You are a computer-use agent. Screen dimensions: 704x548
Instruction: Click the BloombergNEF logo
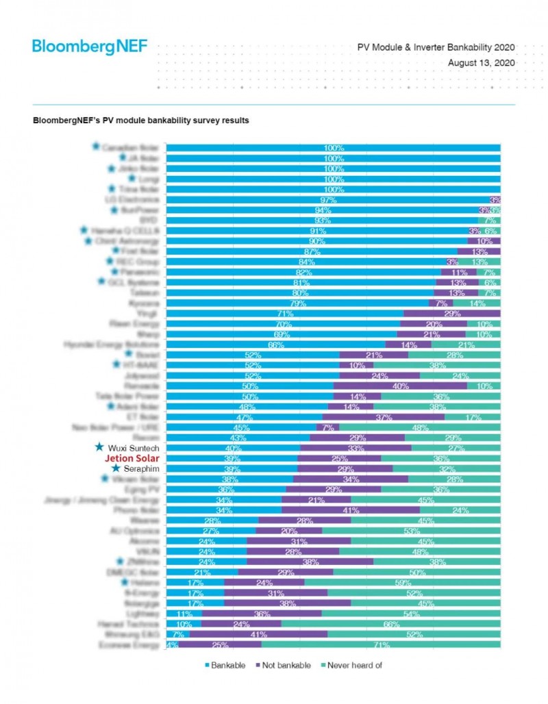click(x=89, y=47)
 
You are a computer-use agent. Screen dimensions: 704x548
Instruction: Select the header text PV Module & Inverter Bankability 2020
click(x=436, y=48)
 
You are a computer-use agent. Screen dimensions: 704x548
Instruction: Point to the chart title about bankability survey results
click(x=140, y=121)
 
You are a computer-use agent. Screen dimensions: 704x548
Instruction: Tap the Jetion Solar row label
click(x=135, y=458)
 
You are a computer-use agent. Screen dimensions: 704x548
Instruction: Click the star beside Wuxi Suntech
click(x=99, y=447)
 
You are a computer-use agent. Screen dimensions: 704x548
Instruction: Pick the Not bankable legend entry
click(x=282, y=665)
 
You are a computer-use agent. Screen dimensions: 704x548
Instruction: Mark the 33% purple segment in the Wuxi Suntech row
click(x=356, y=448)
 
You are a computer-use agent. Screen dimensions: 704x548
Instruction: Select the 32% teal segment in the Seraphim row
click(x=446, y=469)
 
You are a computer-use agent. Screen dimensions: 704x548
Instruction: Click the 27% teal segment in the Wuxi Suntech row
click(x=455, y=448)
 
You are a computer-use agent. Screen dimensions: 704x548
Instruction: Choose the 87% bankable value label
click(x=312, y=251)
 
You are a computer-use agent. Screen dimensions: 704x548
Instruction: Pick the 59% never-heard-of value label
click(x=402, y=583)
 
